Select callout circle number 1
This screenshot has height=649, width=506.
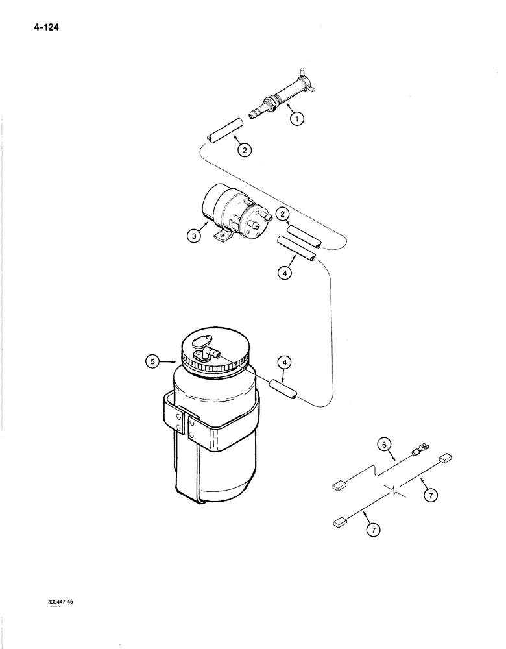[x=297, y=119]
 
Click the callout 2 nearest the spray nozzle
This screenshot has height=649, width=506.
[x=244, y=150]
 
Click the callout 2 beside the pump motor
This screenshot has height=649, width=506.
[x=282, y=214]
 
